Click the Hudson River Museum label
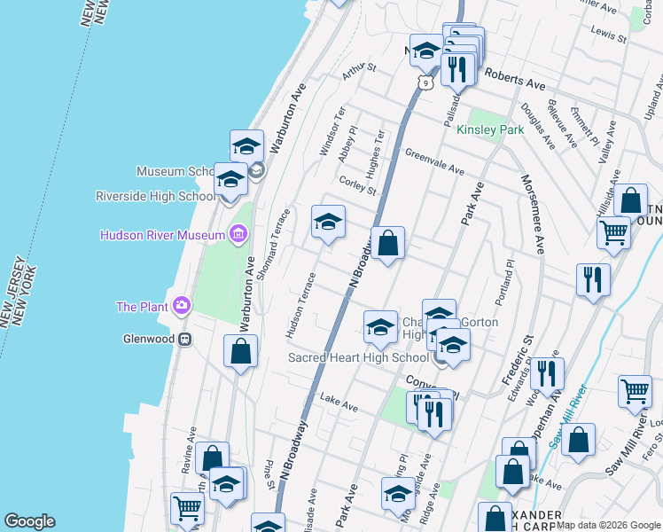coord(162,235)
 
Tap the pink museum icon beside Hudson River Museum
coord(238,234)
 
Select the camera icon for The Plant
coord(182,306)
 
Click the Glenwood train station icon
coord(186,339)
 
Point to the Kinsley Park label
coord(490,129)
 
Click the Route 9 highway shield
coord(426,82)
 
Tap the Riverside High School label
coord(154,196)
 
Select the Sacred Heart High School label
coord(358,358)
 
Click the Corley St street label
coord(358,184)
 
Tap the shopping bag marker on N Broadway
coord(387,243)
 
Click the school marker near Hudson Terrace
coord(327,223)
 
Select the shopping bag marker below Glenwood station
coord(240,351)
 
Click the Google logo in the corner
coord(29,521)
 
